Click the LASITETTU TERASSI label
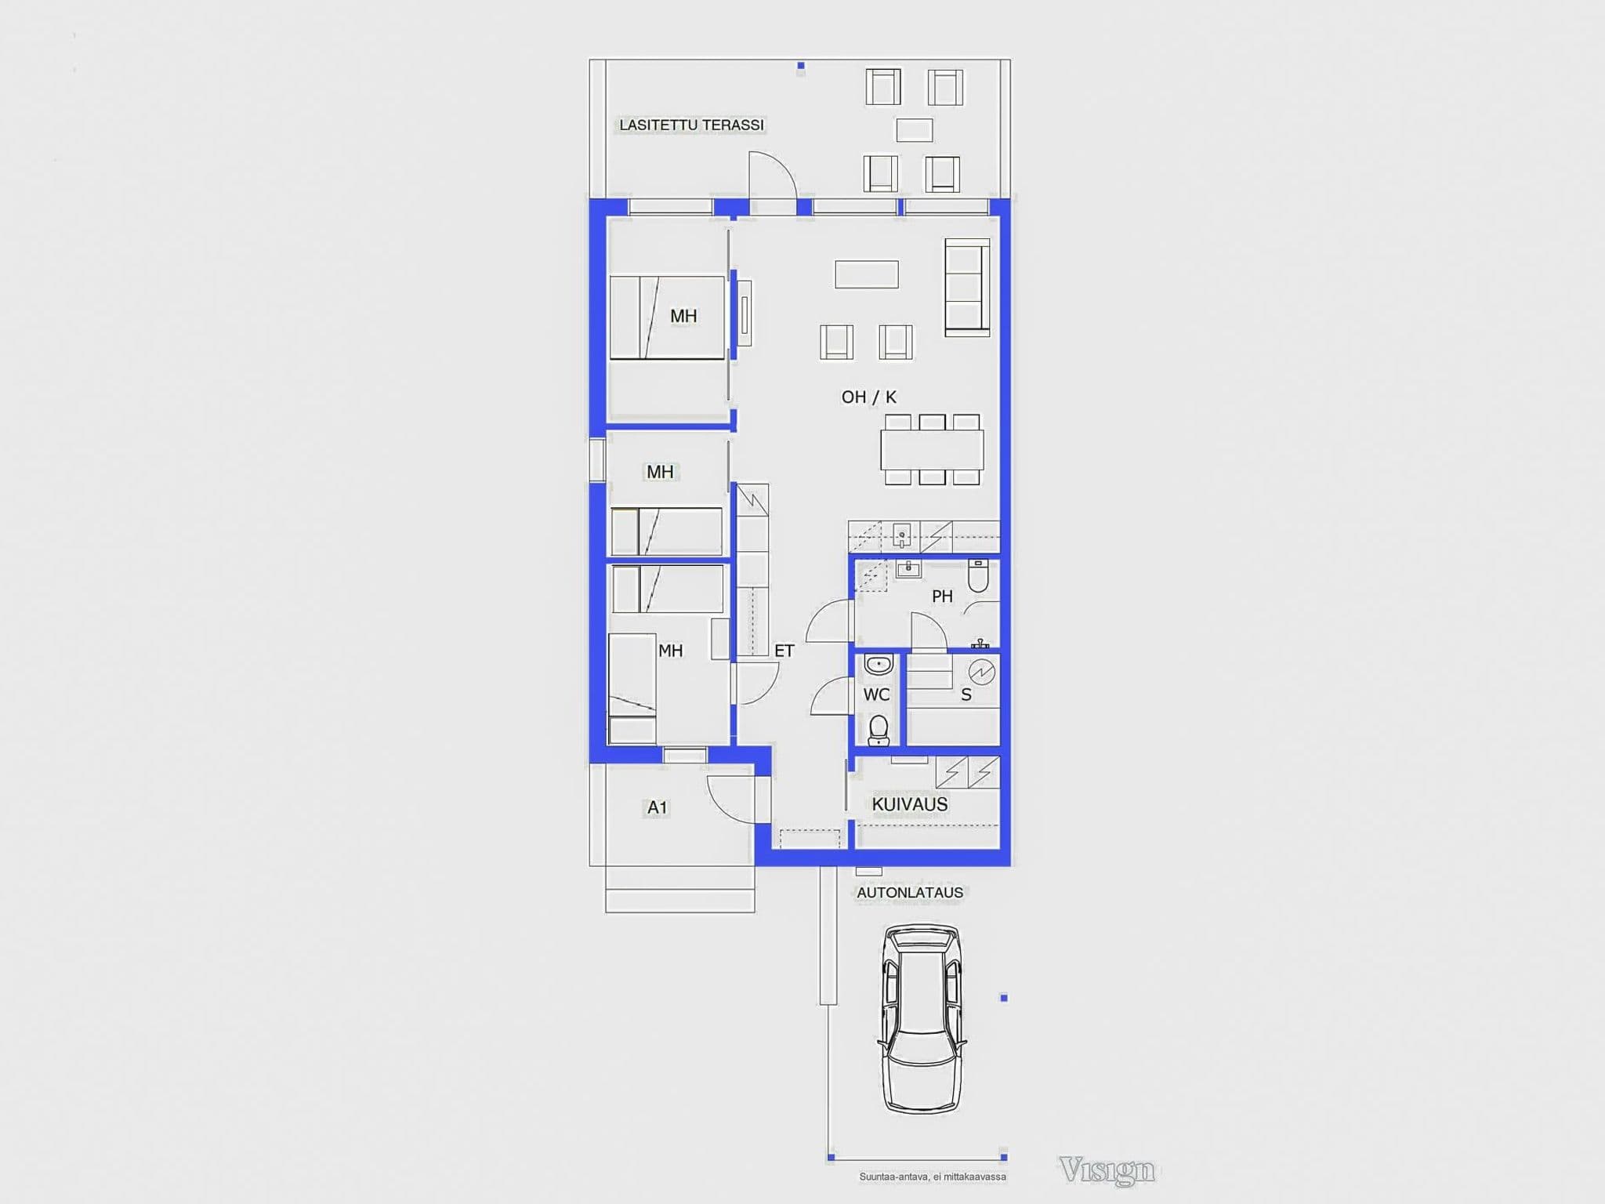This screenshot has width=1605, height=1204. [691, 125]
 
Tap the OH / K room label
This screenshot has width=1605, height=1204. [868, 397]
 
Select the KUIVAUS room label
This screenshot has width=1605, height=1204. [910, 804]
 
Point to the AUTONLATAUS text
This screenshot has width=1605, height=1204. [910, 893]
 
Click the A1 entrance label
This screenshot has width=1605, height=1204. [657, 807]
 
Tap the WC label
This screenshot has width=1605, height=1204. [876, 694]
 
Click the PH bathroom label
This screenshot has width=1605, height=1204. [942, 597]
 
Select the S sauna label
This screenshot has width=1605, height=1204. [966, 694]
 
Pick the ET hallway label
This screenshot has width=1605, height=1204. [784, 651]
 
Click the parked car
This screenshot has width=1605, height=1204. [922, 1018]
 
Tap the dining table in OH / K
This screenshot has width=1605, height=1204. [932, 449]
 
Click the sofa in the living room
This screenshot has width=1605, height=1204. [967, 288]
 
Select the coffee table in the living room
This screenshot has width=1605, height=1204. [866, 274]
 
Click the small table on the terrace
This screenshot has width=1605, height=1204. [914, 130]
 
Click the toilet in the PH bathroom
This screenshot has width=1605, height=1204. [978, 576]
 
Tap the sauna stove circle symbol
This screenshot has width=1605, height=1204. [982, 672]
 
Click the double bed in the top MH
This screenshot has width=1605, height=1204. [667, 317]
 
